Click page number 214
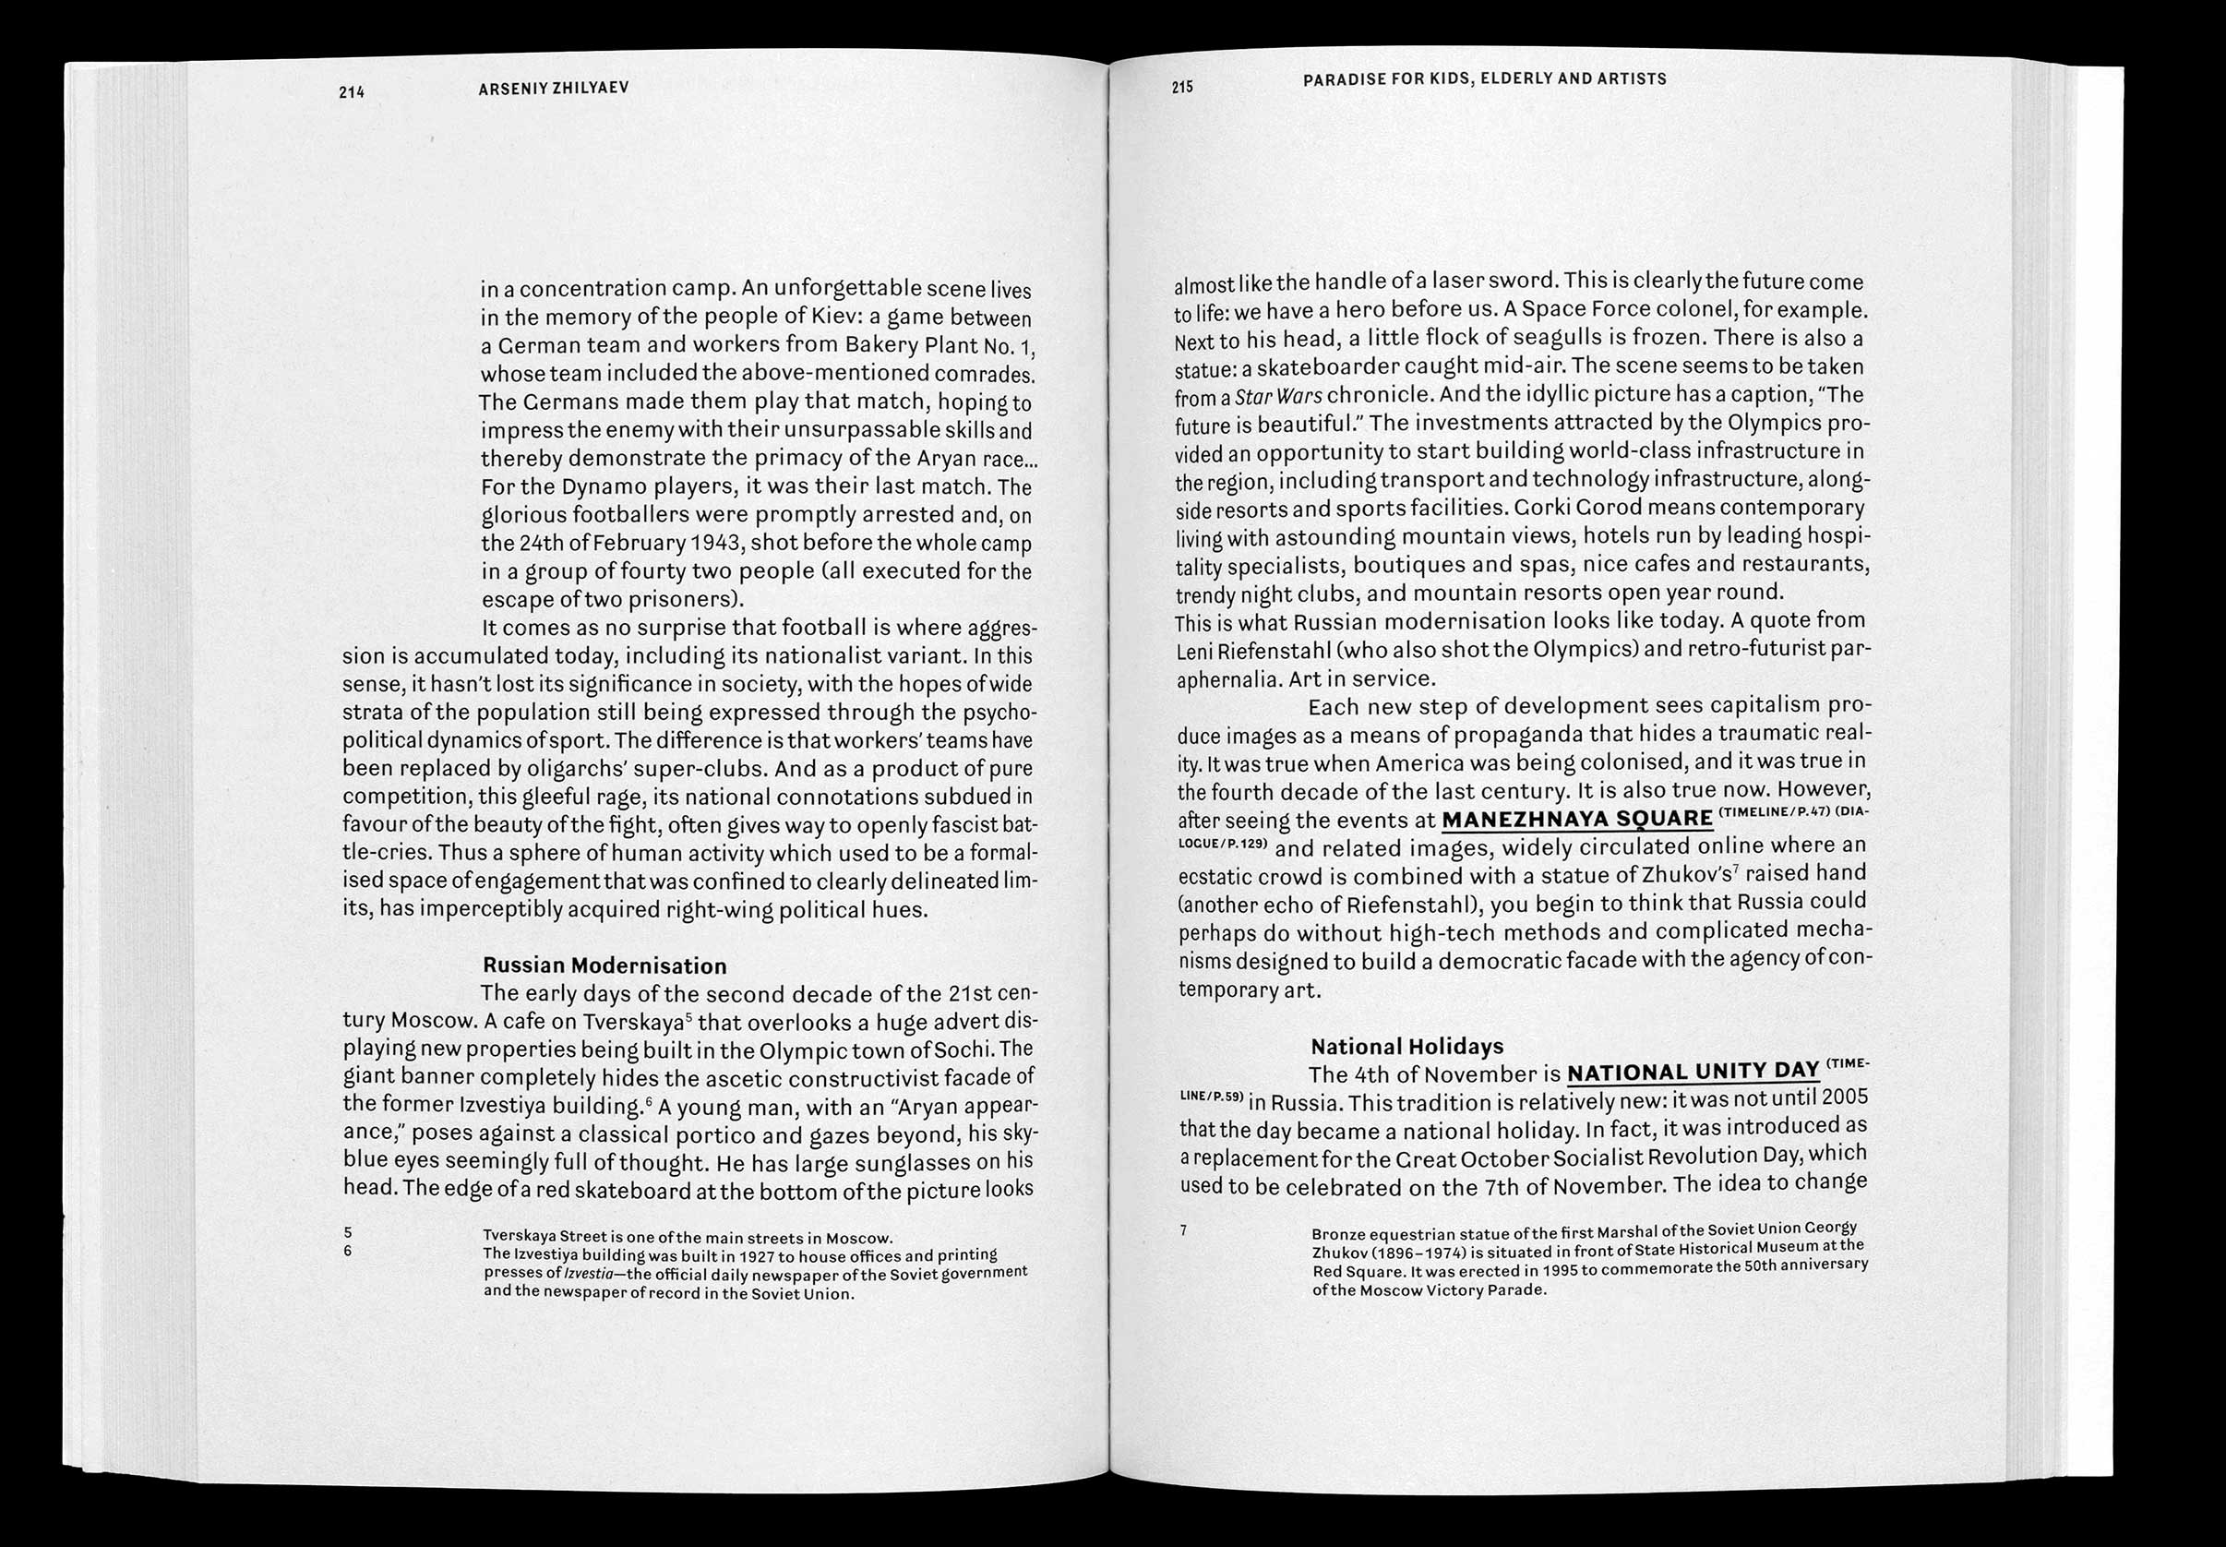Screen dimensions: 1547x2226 pyautogui.click(x=351, y=93)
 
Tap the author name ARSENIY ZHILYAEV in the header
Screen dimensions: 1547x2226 pyautogui.click(x=554, y=89)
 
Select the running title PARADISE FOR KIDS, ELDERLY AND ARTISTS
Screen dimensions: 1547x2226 pyautogui.click(x=1484, y=78)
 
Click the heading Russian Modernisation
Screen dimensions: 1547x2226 pyautogui.click(x=604, y=965)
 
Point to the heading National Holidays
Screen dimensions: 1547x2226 pyautogui.click(x=1406, y=1046)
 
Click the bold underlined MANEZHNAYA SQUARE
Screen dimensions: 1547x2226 pyautogui.click(x=1576, y=819)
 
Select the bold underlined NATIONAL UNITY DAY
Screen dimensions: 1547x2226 pyautogui.click(x=1692, y=1071)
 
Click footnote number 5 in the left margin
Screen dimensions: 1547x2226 pyautogui.click(x=348, y=1233)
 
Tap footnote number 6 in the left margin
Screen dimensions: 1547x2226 pyautogui.click(x=348, y=1251)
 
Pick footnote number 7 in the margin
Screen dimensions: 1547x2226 pyautogui.click(x=1183, y=1231)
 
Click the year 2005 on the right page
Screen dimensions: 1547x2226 pyautogui.click(x=1843, y=1098)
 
